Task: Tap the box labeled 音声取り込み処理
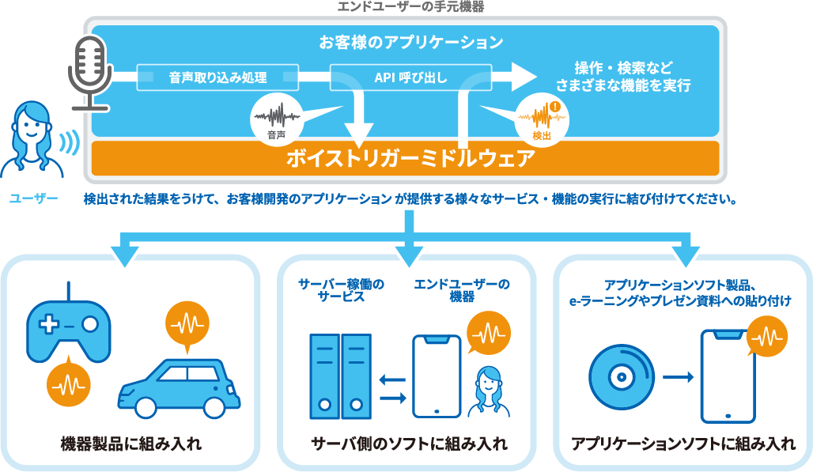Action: pyautogui.click(x=217, y=77)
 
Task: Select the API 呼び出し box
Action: pyautogui.click(x=410, y=77)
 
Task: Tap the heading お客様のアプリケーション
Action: pyautogui.click(x=410, y=41)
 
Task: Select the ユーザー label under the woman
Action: pyautogui.click(x=33, y=198)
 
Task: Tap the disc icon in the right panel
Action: pyautogui.click(x=621, y=376)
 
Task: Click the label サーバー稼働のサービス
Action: pyautogui.click(x=341, y=291)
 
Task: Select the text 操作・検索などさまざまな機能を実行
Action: pyautogui.click(x=623, y=77)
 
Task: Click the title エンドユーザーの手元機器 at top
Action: pyautogui.click(x=410, y=6)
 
